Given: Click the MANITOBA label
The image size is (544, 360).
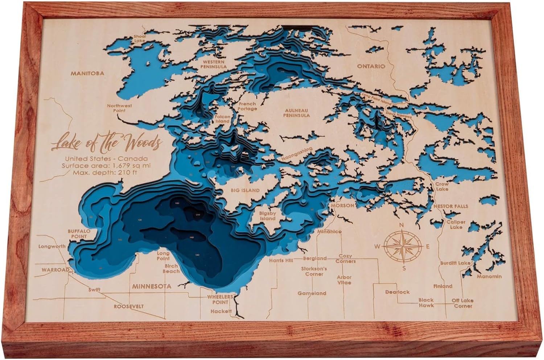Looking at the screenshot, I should (87, 73).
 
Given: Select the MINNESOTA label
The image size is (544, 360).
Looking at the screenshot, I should (152, 286).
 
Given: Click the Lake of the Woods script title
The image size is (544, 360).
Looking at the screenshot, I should (106, 142).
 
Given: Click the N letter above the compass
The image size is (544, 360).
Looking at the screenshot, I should (401, 225).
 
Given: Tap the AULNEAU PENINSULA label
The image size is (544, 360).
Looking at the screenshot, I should (297, 112).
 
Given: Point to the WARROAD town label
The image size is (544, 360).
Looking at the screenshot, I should (55, 270).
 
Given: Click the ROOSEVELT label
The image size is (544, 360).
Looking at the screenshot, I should (129, 306).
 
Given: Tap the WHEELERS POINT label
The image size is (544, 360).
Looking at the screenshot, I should (218, 299).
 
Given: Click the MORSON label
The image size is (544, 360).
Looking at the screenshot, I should (342, 205).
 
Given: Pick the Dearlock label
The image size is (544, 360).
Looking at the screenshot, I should (397, 292).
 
